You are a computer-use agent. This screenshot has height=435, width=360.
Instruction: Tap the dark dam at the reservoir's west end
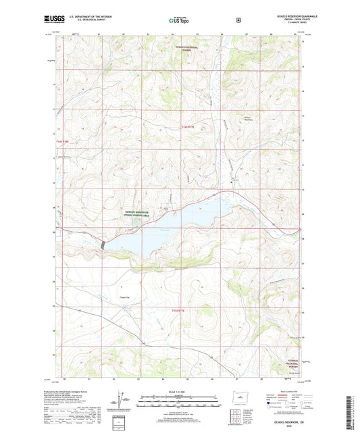click(x=103, y=244)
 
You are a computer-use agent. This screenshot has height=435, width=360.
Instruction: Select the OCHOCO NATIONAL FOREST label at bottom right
click(x=287, y=364)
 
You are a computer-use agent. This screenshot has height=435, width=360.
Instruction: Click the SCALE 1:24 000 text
click(x=178, y=392)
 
